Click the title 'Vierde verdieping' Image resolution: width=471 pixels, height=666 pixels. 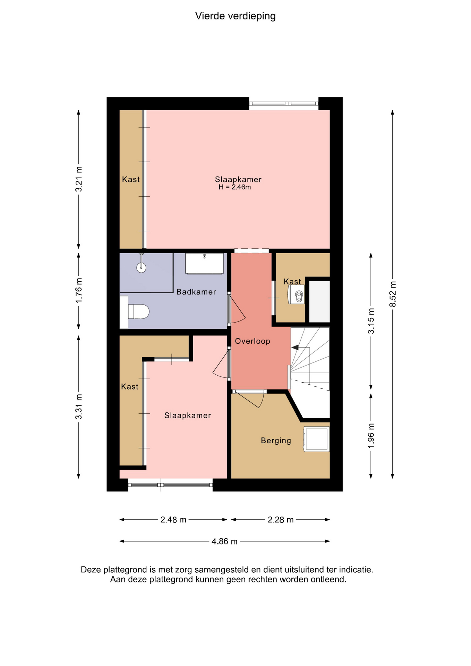(x=235, y=16)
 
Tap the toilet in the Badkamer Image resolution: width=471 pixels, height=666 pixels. (x=138, y=311)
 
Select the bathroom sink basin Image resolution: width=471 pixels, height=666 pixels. (x=204, y=264)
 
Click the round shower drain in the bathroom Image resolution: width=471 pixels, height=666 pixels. (x=141, y=267)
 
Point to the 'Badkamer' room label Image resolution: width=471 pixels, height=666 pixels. (x=196, y=292)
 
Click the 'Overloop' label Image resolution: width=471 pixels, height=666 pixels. (x=252, y=341)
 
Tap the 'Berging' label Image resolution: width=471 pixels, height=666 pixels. (x=276, y=441)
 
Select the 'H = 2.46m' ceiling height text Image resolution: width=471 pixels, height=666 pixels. (x=234, y=187)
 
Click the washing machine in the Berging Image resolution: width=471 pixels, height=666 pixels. (x=316, y=439)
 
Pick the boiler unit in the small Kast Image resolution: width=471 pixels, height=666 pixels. (x=297, y=295)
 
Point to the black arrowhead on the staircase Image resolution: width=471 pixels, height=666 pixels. (x=295, y=347)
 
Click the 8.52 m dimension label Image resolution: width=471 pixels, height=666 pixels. (x=393, y=294)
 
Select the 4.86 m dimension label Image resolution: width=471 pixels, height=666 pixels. (x=224, y=541)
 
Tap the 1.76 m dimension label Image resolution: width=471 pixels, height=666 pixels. (x=79, y=290)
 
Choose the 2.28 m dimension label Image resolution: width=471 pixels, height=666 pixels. (x=281, y=520)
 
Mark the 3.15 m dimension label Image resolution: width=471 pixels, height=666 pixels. (x=371, y=321)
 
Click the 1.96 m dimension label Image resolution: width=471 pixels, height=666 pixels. (x=371, y=435)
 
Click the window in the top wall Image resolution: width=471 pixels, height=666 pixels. (x=284, y=103)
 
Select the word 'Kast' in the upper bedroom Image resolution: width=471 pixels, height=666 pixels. (x=131, y=179)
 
